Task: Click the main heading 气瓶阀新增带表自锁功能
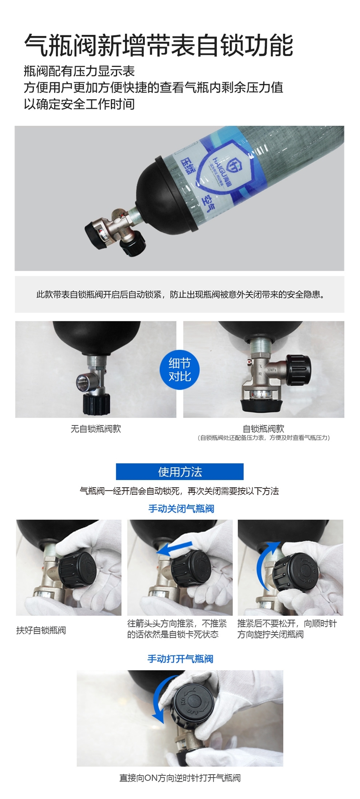[158, 45]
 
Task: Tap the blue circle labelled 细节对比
[180, 370]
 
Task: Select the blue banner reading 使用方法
[180, 471]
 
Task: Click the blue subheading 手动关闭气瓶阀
[181, 509]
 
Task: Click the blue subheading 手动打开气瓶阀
[180, 659]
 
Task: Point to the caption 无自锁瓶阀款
[96, 429]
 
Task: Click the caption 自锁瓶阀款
[263, 429]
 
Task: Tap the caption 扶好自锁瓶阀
[41, 630]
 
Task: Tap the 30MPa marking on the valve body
[272, 369]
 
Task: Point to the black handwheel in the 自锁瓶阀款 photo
[299, 370]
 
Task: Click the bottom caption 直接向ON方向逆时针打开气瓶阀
[180, 778]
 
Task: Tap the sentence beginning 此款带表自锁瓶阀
[180, 295]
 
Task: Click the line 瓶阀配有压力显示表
[79, 71]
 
